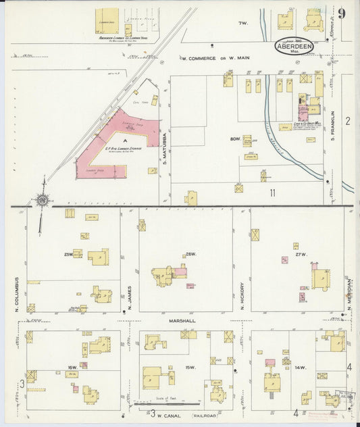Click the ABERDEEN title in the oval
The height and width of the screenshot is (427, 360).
click(294, 47)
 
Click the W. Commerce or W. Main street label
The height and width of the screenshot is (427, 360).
click(215, 58)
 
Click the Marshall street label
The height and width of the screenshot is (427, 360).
click(182, 321)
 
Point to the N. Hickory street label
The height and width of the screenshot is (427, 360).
click(241, 296)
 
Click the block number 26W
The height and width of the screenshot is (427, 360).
click(190, 254)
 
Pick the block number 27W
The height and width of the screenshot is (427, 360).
click(301, 254)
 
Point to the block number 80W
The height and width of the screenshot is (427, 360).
click(235, 139)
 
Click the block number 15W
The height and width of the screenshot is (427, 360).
click(190, 368)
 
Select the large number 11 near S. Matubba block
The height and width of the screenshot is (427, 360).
click(272, 193)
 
